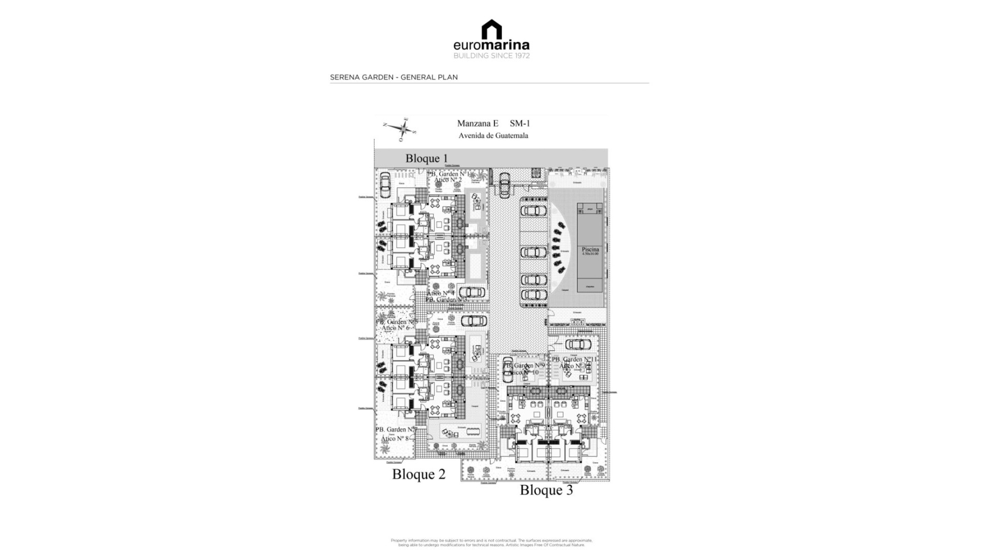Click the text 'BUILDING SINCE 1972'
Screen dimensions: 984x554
pyautogui.click(x=491, y=56)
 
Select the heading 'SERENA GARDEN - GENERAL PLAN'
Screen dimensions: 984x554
pyautogui.click(x=394, y=77)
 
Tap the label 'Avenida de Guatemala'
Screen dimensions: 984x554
pyautogui.click(x=493, y=136)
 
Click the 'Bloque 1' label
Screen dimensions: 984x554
pyautogui.click(x=426, y=158)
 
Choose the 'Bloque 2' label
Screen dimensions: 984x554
pyautogui.click(x=419, y=474)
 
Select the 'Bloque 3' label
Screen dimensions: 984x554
pyautogui.click(x=546, y=490)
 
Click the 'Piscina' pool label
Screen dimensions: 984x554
pyautogui.click(x=590, y=250)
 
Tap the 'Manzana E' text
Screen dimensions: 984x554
pyautogui.click(x=478, y=123)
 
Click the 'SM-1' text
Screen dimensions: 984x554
pyautogui.click(x=520, y=123)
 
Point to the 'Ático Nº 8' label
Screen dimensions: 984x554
pyautogui.click(x=395, y=439)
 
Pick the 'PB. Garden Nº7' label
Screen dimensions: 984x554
pyautogui.click(x=396, y=429)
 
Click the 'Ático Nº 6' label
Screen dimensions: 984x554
pyautogui.click(x=396, y=328)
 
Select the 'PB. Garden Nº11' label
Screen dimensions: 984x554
pyautogui.click(x=575, y=360)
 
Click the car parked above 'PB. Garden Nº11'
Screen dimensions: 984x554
pyautogui.click(x=578, y=344)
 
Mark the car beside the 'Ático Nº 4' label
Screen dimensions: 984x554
pyautogui.click(x=471, y=292)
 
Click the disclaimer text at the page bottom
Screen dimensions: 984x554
pyautogui.click(x=491, y=542)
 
